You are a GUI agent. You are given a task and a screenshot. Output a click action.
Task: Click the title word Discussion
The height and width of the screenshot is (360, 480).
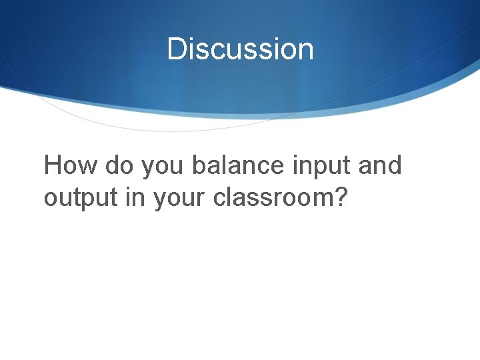click(240, 49)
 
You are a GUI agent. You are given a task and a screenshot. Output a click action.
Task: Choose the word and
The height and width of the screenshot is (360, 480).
click(380, 165)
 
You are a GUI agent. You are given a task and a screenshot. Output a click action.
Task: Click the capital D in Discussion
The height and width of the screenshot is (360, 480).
click(177, 49)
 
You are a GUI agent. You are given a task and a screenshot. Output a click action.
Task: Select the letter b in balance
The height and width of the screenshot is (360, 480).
click(199, 165)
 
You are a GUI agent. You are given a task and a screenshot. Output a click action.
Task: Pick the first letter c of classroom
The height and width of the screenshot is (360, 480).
click(221, 200)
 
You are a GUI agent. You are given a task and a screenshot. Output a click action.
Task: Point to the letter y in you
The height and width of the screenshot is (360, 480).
click(147, 169)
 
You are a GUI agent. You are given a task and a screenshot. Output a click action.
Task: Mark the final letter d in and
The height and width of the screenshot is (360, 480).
click(394, 165)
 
